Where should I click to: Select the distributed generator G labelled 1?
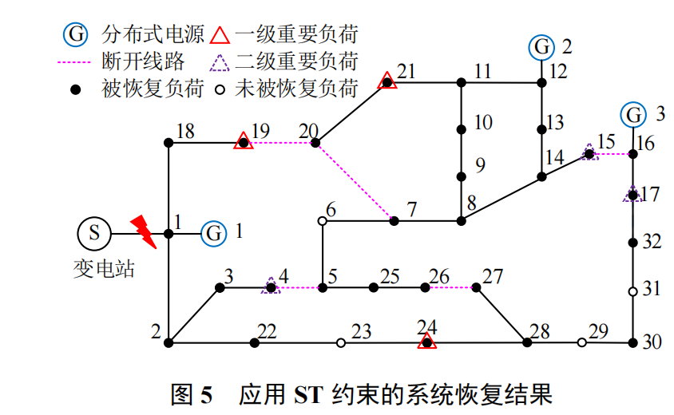pos(213,234)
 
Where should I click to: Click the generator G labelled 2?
pos(541,47)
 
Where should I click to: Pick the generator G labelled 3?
pos(634,115)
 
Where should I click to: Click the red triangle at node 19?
pos(243,142)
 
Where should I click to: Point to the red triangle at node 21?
pos(387,81)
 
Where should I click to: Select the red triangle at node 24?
pos(427,342)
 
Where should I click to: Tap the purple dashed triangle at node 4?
pos(271,286)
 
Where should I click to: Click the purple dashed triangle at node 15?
pos(589,152)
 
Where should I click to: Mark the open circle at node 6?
pos(322,220)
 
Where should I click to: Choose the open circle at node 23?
pos(341,343)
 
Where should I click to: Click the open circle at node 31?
pos(632,292)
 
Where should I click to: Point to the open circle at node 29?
pos(581,342)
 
